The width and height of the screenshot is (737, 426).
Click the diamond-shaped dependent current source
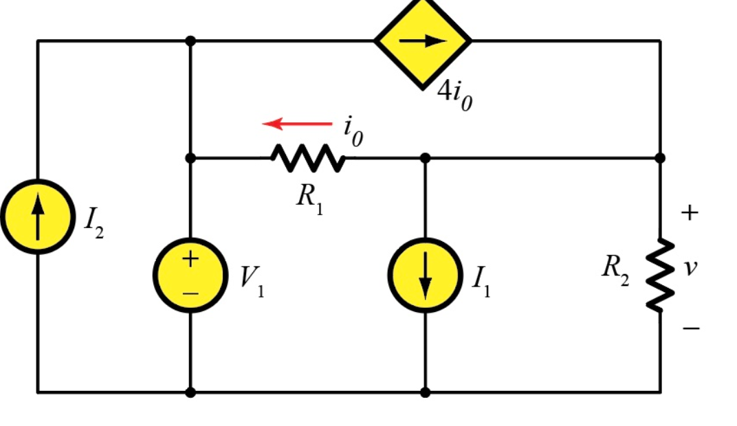[x=423, y=41]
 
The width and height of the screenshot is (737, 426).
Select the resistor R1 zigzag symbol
[x=308, y=158]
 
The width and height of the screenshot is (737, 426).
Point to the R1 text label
[x=309, y=199]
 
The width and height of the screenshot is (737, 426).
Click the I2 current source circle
[x=38, y=216]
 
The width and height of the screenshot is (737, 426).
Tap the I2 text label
[x=93, y=221]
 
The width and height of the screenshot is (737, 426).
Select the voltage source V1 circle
[x=190, y=275]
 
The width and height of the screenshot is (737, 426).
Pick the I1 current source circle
[x=425, y=276]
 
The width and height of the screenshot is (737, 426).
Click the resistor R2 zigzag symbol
[x=660, y=275]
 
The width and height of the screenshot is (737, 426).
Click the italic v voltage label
[x=690, y=267]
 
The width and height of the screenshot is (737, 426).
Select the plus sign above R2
[x=690, y=213]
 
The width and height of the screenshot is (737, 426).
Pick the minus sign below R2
[x=690, y=328]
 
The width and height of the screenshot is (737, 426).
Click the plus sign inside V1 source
[x=190, y=259]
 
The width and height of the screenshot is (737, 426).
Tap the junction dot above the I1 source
[x=425, y=158]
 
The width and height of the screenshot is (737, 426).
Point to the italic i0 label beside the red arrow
[x=353, y=131]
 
